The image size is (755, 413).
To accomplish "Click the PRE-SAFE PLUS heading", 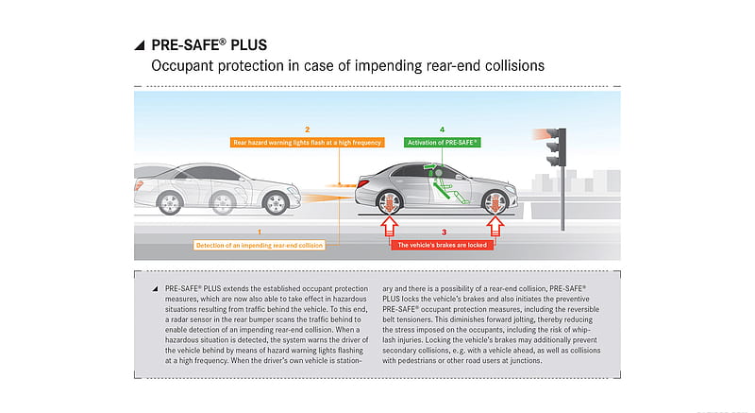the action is tap(209, 44).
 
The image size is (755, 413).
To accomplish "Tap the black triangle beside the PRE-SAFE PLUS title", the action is tap(140, 45).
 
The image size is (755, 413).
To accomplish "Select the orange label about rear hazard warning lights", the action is tap(308, 142).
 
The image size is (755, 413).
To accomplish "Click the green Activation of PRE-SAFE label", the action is tap(442, 142).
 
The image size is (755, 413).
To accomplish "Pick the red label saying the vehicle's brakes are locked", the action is tap(442, 245).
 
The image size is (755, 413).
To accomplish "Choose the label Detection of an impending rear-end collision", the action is tap(259, 245).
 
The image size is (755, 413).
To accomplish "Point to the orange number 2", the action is tap(308, 129).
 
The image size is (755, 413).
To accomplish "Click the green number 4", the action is tap(442, 129).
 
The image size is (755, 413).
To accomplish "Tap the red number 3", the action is tap(444, 232).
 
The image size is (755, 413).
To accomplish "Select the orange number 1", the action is tap(260, 232).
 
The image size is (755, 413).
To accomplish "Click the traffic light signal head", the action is tap(556, 147).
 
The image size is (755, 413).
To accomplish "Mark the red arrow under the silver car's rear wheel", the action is tap(389, 226).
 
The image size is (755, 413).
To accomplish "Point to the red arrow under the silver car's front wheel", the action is tap(495, 226).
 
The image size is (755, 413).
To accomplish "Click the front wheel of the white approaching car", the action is tap(276, 203).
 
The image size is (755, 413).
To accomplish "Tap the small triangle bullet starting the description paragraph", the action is tap(155, 289).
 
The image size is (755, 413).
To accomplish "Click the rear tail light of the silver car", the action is tap(362, 183).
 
